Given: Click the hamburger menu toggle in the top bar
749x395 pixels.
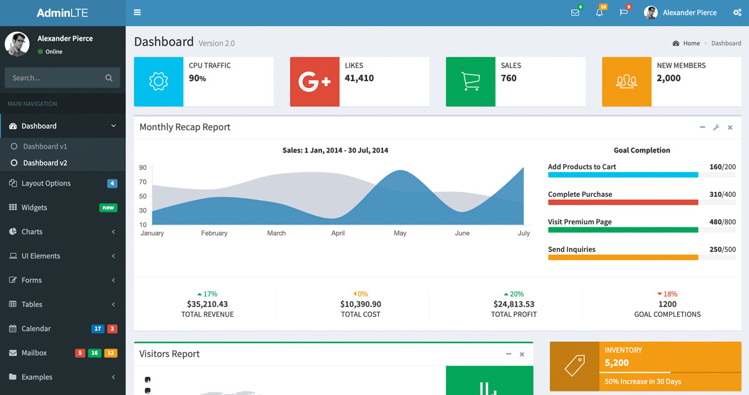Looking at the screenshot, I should coord(137,12).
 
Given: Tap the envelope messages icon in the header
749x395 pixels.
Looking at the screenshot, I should coord(575,12).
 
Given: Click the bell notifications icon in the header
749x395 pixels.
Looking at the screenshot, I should coord(599,12).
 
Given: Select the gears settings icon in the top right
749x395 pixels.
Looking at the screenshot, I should coord(737,12).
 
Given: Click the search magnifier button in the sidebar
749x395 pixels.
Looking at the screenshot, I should coord(109,78).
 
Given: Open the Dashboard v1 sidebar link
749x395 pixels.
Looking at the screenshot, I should coord(45,146).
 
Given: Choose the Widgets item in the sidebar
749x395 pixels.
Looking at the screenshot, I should coord(34,207).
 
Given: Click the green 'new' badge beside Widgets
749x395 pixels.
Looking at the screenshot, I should coord(108,207).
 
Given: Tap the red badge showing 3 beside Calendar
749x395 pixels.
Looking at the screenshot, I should coord(112,329).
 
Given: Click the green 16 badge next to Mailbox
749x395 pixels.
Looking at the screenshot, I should coord(95,353).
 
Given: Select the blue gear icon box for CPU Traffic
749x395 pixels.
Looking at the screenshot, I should coord(159,82).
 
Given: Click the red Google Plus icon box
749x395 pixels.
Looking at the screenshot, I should coord(315,82).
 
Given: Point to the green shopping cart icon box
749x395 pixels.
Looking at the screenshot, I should coord(471,82).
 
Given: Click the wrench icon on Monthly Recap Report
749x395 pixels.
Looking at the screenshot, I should coord(716,127).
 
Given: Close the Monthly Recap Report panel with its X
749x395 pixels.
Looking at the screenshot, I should coord(730,127).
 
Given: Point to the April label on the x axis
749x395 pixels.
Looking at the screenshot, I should coord(338,233).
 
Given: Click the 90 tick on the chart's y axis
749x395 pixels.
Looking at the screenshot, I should coord(143,167).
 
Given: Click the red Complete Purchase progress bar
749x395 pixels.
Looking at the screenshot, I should coord(623,202).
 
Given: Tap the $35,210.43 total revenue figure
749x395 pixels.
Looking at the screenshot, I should coord(207,304).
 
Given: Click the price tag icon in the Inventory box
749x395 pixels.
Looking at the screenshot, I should coord(574,366).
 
